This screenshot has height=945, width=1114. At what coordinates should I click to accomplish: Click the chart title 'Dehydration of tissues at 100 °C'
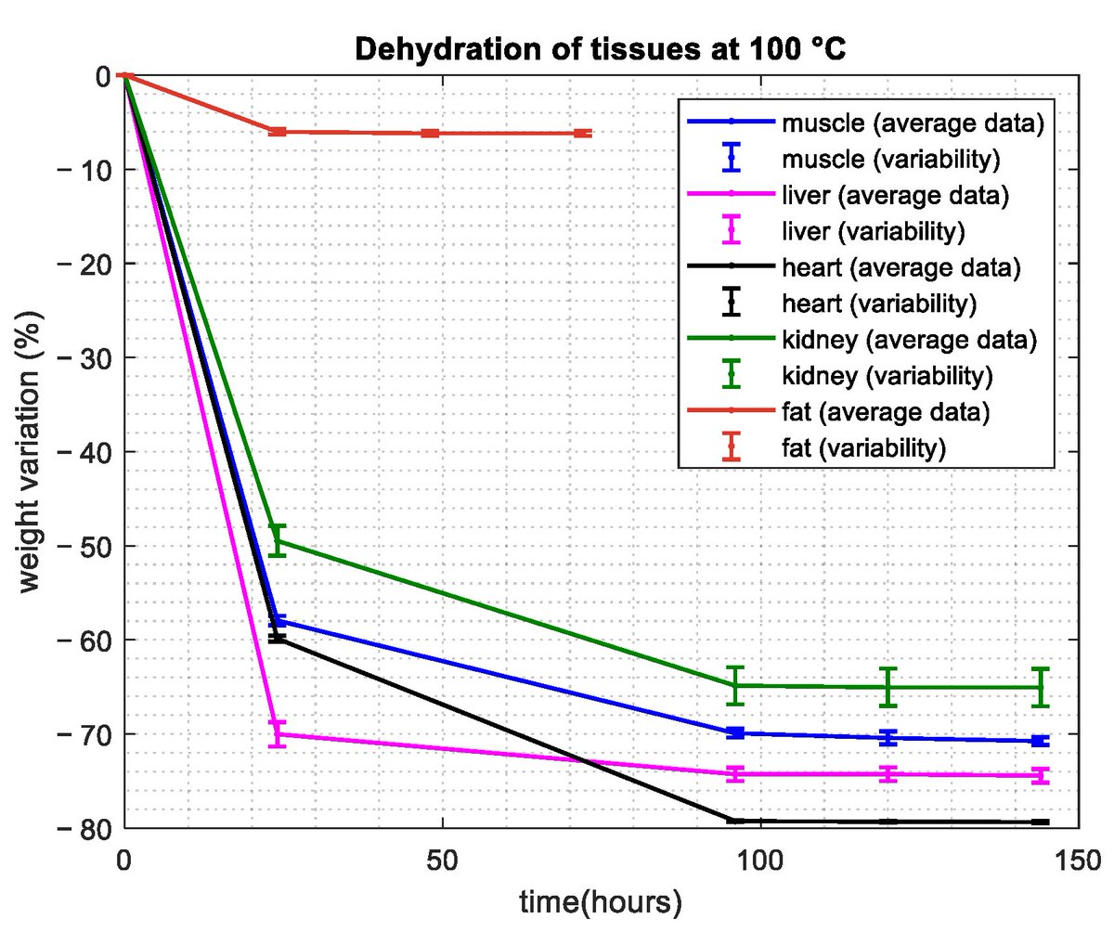click(601, 49)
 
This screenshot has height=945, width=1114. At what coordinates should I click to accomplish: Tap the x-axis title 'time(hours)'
click(601, 901)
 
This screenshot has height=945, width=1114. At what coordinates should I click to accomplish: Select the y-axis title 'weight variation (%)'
click(30, 452)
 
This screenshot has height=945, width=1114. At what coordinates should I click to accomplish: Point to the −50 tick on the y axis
click(87, 546)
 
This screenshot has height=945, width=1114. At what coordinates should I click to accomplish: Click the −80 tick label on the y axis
click(87, 828)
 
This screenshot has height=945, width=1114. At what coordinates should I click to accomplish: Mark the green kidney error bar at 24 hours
click(277, 540)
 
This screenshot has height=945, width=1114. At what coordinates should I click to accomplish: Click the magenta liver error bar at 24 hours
click(277, 734)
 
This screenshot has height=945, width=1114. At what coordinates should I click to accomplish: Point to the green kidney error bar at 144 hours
click(1040, 687)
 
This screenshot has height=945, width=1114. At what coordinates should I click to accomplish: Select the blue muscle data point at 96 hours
click(735, 733)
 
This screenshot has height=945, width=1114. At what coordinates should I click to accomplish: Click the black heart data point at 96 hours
click(735, 821)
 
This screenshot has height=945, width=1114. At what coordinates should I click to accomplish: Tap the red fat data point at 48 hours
click(430, 134)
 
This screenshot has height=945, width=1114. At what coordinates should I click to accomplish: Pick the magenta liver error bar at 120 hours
click(887, 774)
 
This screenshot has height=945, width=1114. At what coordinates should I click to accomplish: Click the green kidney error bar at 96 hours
click(735, 685)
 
